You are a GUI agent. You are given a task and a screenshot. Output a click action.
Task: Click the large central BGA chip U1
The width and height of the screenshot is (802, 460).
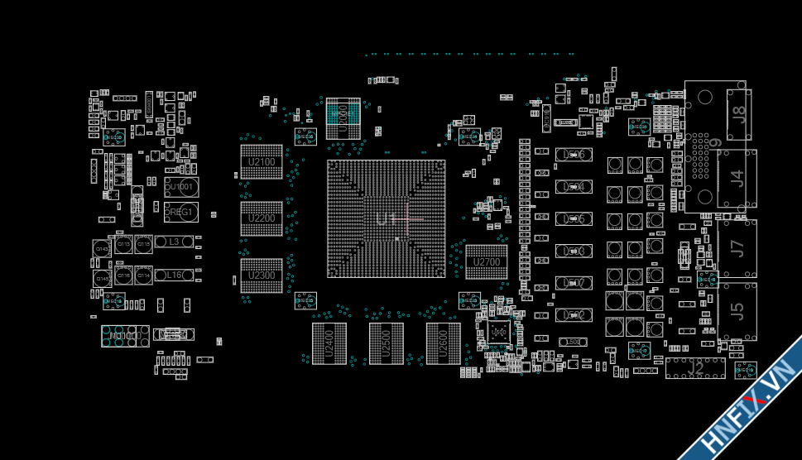click(387, 219)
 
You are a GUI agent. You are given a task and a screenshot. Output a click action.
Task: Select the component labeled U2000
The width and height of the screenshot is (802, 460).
click(343, 117)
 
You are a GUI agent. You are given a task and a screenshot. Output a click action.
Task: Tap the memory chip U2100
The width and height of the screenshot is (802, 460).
click(262, 162)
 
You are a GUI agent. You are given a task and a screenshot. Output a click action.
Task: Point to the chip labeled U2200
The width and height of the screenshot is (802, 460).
click(262, 219)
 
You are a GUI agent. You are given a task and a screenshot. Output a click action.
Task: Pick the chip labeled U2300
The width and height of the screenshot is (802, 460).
click(262, 276)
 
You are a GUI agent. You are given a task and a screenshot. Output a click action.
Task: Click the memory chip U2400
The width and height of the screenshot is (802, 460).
click(329, 343)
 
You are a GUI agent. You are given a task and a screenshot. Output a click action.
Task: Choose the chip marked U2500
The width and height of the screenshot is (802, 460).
click(386, 343)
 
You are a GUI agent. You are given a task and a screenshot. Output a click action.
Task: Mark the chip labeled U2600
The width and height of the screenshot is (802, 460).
click(444, 343)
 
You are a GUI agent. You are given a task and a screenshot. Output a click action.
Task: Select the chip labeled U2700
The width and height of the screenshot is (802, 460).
click(487, 262)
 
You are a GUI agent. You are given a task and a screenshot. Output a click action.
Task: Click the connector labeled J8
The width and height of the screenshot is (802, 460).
click(739, 115)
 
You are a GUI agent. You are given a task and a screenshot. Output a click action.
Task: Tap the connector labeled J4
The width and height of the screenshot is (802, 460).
click(737, 178)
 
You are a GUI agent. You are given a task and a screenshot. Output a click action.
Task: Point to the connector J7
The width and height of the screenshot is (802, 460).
click(737, 247)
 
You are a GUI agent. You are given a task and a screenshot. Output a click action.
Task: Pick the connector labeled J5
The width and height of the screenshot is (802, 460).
click(737, 311)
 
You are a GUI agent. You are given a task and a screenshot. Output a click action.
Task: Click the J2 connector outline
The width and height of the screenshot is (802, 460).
click(695, 368)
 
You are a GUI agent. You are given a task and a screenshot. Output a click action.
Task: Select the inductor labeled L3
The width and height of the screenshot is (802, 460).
click(174, 242)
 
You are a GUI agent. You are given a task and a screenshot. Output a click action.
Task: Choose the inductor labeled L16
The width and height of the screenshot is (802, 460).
click(174, 276)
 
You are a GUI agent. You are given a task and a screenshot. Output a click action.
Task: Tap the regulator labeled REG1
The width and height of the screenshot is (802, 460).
click(181, 213)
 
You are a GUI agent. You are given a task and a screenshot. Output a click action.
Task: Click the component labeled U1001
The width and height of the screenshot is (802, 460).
click(181, 187)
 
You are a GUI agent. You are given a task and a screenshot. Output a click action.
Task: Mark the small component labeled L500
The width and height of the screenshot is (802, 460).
click(573, 342)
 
